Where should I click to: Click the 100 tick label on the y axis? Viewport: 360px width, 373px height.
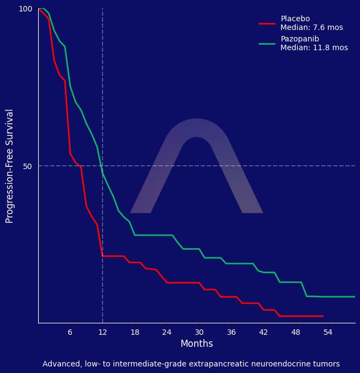26,9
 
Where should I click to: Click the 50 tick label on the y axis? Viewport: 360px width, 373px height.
27,166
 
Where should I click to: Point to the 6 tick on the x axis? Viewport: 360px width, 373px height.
70,333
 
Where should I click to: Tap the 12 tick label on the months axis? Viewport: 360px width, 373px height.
102,333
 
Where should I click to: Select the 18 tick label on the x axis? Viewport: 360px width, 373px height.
135,333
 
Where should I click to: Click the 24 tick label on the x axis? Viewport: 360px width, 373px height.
167,333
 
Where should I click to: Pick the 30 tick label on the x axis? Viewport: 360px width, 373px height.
199,333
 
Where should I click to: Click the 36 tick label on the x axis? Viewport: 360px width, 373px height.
231,333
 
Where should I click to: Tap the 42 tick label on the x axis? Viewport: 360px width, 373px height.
263,333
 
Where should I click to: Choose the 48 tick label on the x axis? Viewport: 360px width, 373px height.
296,333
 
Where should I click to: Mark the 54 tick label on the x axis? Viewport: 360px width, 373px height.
328,333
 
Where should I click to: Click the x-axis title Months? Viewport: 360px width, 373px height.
196,344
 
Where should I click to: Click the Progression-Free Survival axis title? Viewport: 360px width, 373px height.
10,166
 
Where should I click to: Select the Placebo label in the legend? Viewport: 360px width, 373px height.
295,19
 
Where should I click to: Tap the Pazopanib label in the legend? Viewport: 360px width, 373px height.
299,39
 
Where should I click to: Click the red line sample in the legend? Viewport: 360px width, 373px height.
267,23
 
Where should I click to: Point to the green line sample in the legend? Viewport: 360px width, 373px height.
267,44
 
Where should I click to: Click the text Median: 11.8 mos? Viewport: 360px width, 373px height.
314,48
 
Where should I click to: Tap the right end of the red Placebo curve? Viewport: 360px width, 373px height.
323,316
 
